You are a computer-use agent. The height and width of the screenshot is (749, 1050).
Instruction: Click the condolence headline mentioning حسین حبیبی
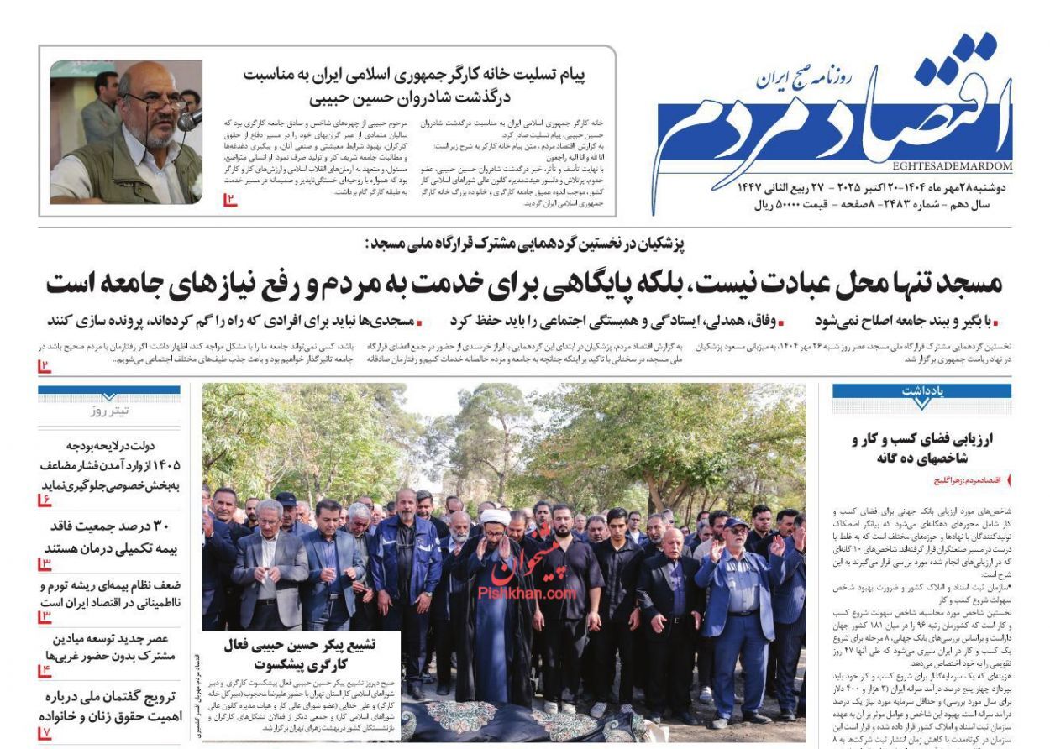(x=414, y=85)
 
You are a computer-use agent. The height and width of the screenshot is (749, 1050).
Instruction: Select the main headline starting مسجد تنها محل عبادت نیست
(x=524, y=284)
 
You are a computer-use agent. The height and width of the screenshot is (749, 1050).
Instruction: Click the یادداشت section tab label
(x=922, y=391)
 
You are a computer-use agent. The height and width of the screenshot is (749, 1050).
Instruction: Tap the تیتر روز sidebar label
(x=110, y=411)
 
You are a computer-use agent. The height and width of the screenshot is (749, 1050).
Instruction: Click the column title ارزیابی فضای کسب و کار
(x=922, y=448)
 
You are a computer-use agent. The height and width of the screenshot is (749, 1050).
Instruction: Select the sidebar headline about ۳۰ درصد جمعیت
(x=110, y=536)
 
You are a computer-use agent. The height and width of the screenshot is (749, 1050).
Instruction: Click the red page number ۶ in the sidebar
(x=45, y=500)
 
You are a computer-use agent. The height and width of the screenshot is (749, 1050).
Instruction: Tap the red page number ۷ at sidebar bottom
(x=45, y=733)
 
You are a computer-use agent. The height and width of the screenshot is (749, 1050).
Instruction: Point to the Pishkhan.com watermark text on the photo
(x=527, y=593)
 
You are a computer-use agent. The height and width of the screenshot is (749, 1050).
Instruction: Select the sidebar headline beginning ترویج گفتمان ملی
(x=110, y=707)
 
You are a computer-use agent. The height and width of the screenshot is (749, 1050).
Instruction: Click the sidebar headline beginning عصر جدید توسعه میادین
(x=110, y=647)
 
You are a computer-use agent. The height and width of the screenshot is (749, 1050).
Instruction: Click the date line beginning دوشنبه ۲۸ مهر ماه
(x=874, y=187)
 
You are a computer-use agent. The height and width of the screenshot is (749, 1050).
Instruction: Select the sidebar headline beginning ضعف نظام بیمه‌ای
(x=110, y=594)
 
